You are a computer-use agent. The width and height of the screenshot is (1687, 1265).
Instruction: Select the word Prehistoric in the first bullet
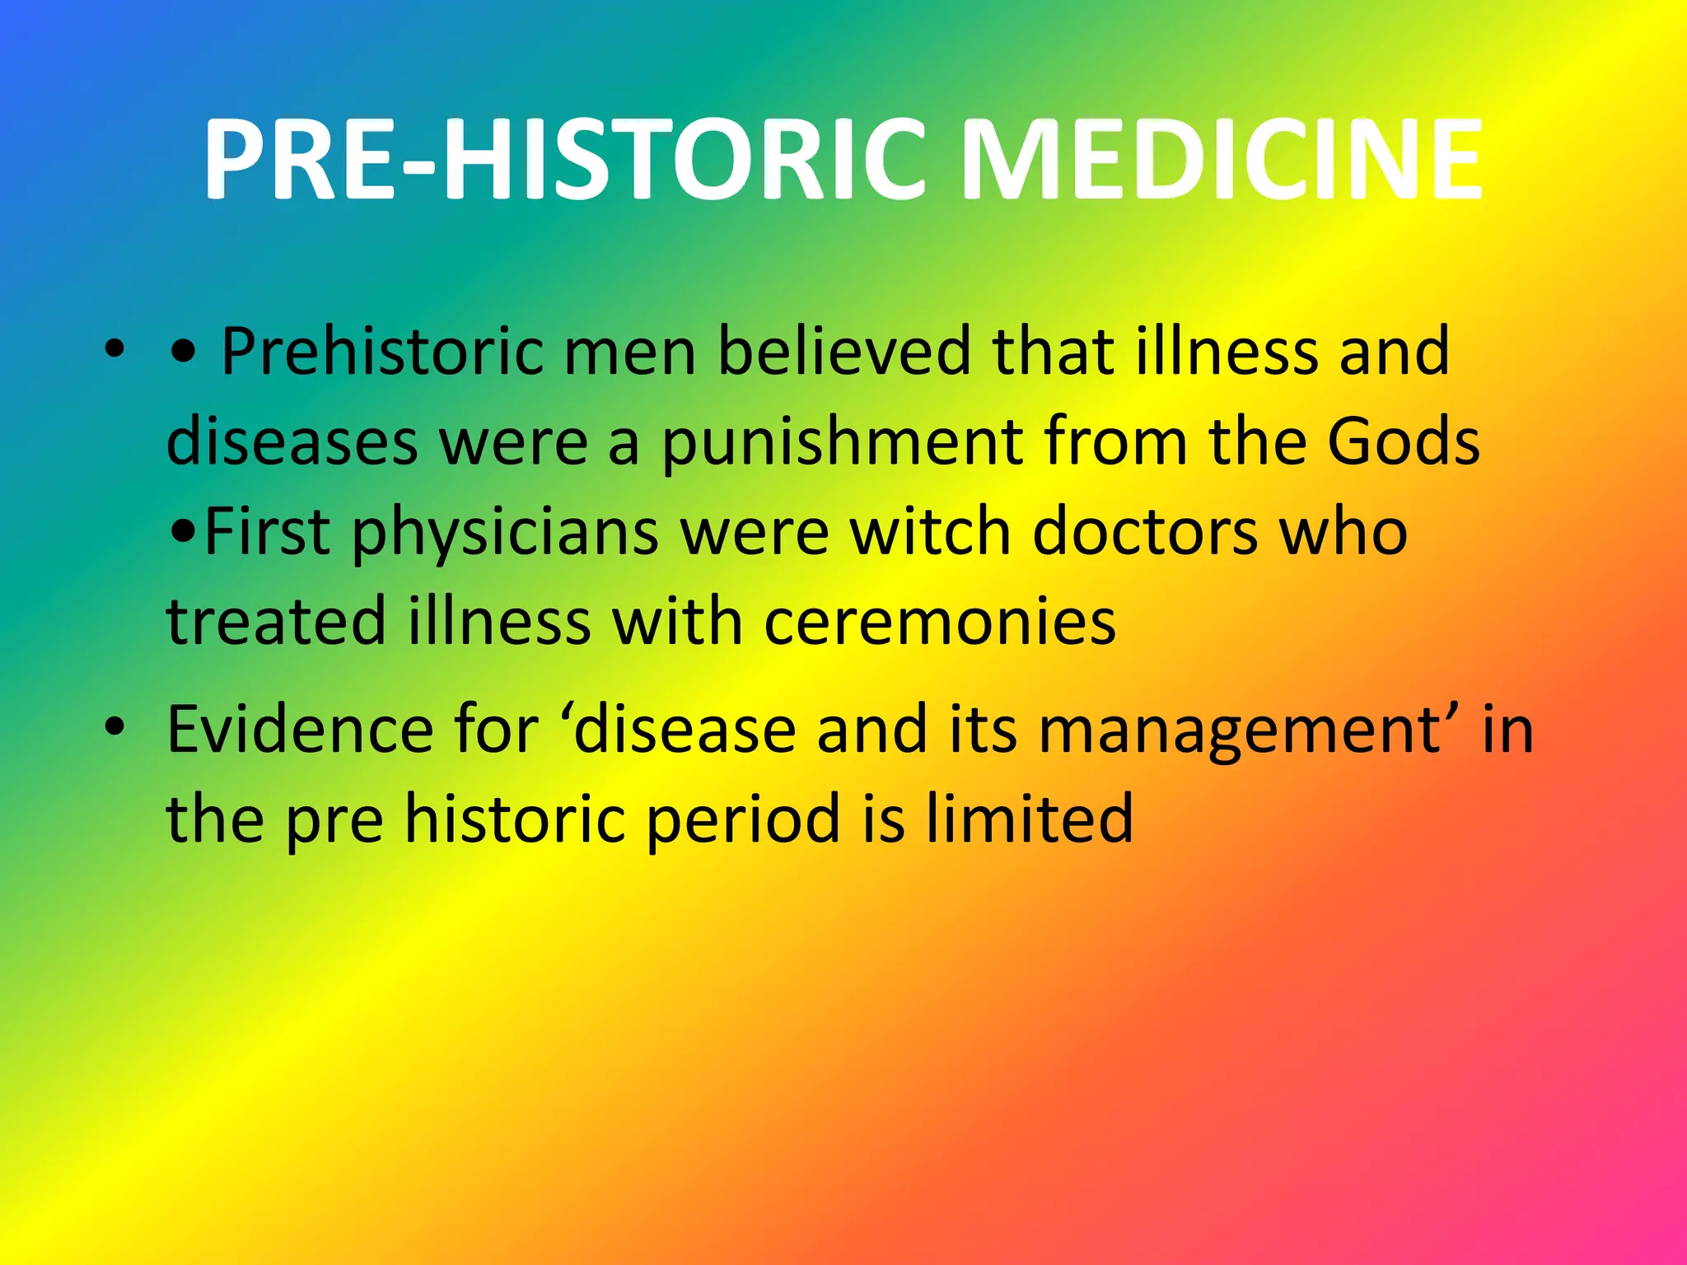(x=382, y=352)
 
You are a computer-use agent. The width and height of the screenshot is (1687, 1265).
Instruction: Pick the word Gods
(x=1403, y=441)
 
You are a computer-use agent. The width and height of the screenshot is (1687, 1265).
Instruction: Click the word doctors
(x=1145, y=532)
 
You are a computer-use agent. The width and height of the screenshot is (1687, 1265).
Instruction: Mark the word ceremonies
(x=940, y=623)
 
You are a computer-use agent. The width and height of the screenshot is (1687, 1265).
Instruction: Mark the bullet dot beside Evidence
(x=114, y=726)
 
